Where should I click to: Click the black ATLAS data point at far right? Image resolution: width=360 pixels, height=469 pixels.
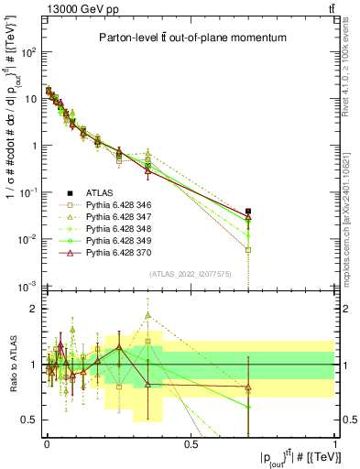coord(248,212)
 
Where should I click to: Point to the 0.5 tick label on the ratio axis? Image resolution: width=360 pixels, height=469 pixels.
coord(30,420)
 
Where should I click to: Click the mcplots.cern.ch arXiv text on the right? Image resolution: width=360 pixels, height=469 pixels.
coord(352,191)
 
